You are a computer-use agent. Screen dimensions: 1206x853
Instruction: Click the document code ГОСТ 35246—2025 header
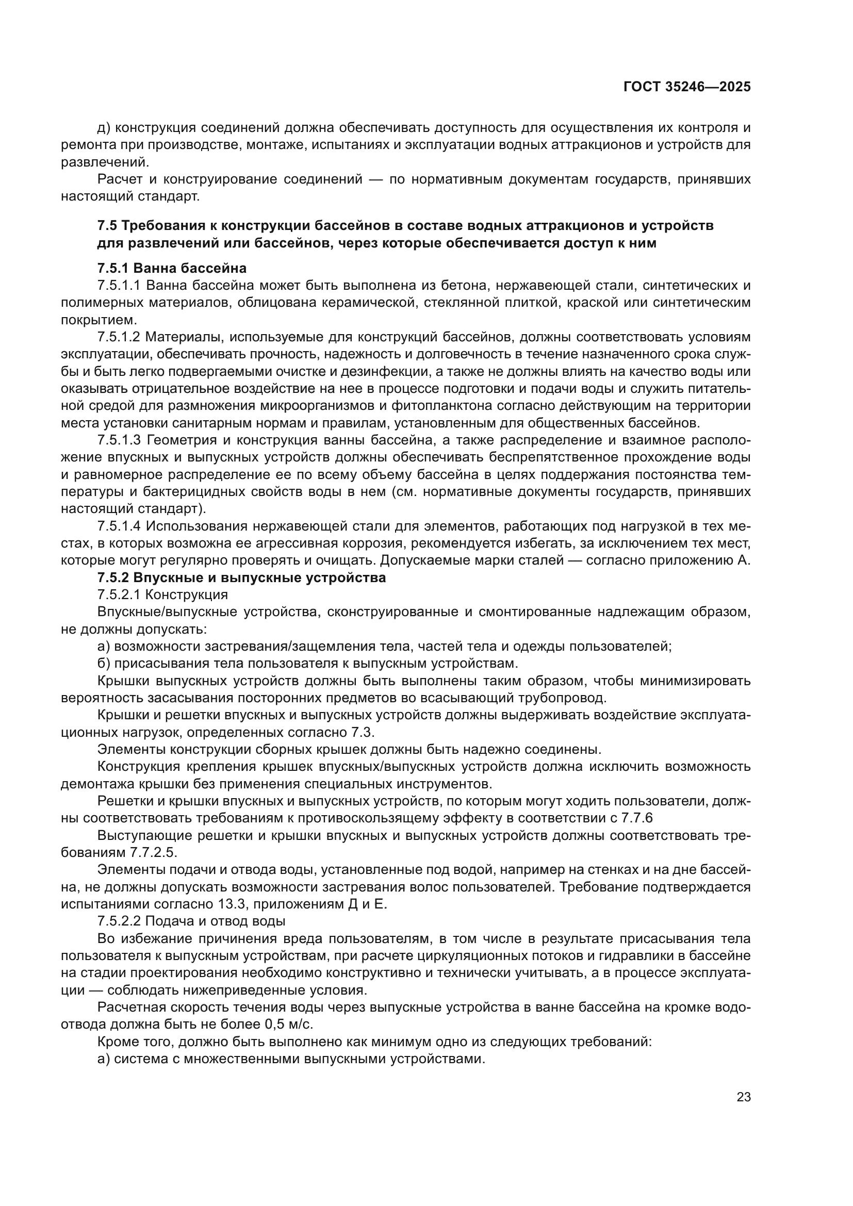(687, 87)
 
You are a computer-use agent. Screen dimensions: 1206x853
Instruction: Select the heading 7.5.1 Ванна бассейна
(172, 269)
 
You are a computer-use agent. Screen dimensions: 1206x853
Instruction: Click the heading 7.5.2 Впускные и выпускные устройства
(241, 578)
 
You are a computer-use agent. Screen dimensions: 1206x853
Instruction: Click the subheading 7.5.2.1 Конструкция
(162, 595)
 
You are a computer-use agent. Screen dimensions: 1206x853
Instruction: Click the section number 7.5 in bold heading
(107, 226)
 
